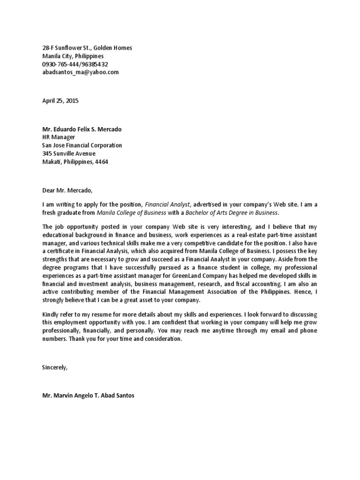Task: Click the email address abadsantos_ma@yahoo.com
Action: pos(80,72)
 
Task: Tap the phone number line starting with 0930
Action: pos(75,64)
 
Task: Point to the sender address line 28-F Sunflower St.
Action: pos(87,48)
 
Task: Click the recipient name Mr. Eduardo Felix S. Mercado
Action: pos(84,129)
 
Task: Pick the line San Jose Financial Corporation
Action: pos(82,145)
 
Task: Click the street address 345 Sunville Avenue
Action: pos(68,153)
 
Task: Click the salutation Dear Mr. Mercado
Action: pos(67,190)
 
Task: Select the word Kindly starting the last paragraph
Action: pos(51,314)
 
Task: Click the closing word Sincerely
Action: pos(55,367)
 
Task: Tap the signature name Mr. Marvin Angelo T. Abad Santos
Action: pos(88,396)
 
